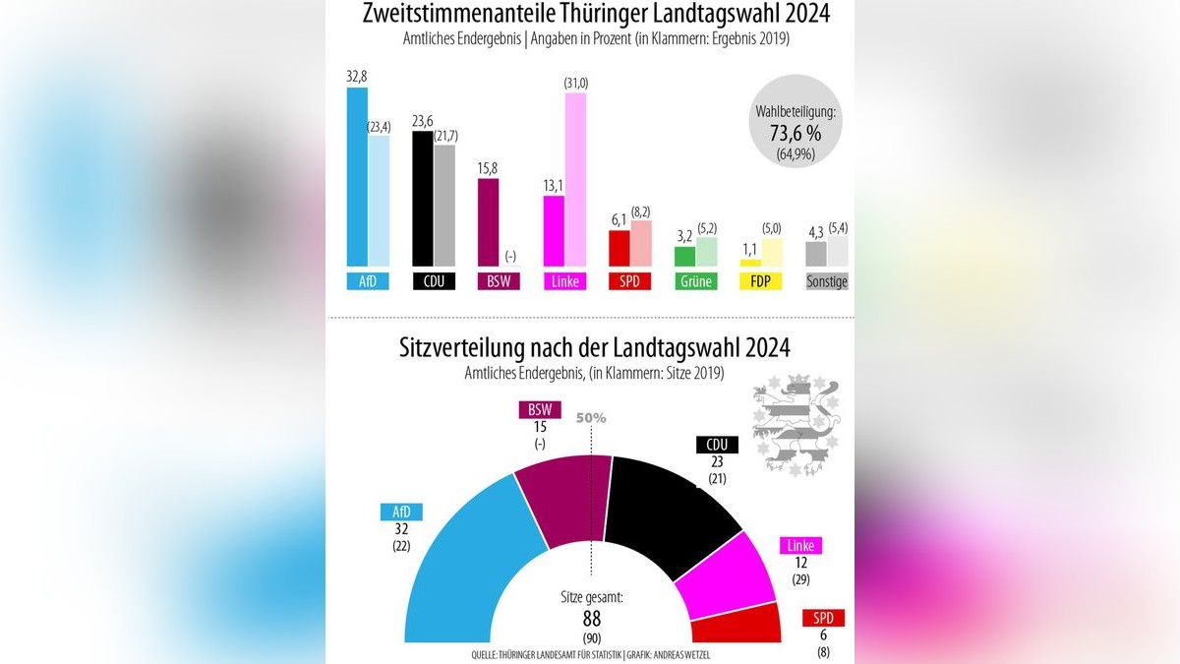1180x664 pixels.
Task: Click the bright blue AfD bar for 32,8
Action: pyautogui.click(x=357, y=177)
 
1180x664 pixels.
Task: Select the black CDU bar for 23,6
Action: pyautogui.click(x=422, y=199)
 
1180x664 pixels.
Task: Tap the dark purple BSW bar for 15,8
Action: pyautogui.click(x=488, y=222)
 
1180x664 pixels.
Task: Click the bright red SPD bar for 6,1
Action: pyautogui.click(x=619, y=249)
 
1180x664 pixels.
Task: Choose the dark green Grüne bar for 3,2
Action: pyautogui.click(x=684, y=257)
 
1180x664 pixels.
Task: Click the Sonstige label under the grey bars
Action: pyautogui.click(x=826, y=281)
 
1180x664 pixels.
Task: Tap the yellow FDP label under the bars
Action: pyautogui.click(x=760, y=281)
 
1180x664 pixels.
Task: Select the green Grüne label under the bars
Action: pyautogui.click(x=695, y=281)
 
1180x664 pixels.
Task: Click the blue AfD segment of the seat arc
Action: pyautogui.click(x=452, y=571)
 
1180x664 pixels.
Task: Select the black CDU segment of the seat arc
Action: pyautogui.click(x=669, y=512)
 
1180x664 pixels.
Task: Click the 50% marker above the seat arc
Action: pyautogui.click(x=591, y=418)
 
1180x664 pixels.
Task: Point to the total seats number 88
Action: pyautogui.click(x=591, y=618)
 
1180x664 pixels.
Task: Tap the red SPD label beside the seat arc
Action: pyautogui.click(x=823, y=619)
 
